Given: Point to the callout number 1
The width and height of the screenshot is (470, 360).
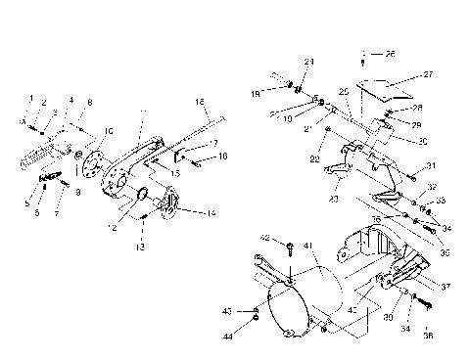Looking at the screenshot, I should (30, 99).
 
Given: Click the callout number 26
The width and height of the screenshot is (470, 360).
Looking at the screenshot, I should (363, 52).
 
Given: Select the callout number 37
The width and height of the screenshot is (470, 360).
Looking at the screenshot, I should (445, 287).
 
